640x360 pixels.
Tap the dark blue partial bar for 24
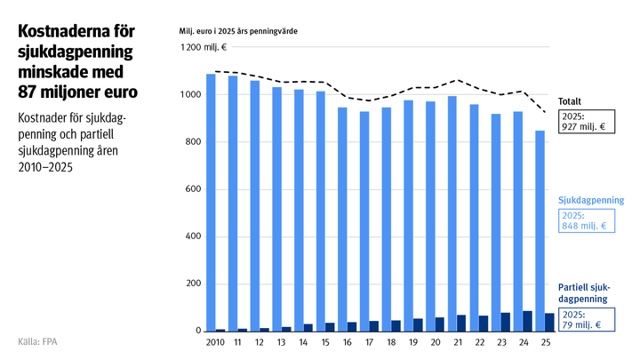point(527,321)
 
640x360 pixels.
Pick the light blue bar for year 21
point(452,213)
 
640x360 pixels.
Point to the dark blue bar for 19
point(418,324)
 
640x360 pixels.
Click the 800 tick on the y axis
point(192,142)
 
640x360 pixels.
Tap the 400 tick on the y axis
point(192,236)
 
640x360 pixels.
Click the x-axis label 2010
point(214,342)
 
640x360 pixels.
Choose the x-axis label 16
point(347,342)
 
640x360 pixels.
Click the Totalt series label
point(571,101)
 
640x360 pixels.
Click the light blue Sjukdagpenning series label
point(591,201)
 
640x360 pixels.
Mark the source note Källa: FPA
point(43,342)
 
